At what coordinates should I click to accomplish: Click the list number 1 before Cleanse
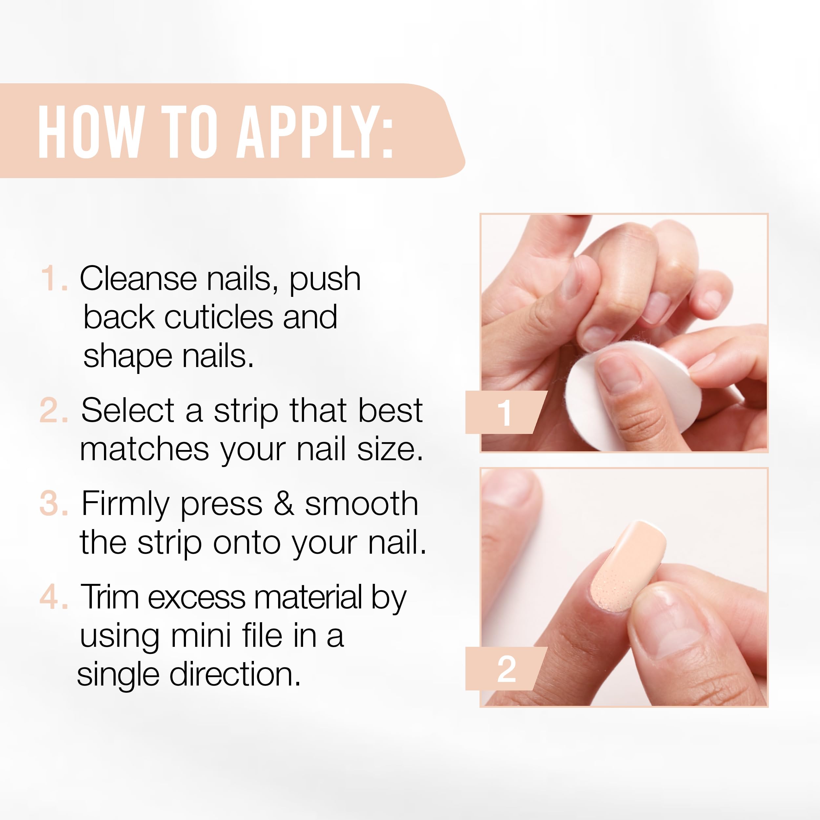point(53,278)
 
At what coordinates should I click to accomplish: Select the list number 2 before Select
point(53,410)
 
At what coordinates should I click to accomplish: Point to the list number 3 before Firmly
point(53,503)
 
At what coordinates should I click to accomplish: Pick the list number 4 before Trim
point(53,597)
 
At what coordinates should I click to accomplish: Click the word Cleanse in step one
point(138,278)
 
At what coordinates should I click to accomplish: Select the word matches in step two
point(144,449)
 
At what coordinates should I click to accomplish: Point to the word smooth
point(361,503)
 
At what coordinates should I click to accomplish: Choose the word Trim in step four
point(110,597)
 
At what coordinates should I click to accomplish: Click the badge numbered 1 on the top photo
point(505,412)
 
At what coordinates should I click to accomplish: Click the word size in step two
point(390,449)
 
